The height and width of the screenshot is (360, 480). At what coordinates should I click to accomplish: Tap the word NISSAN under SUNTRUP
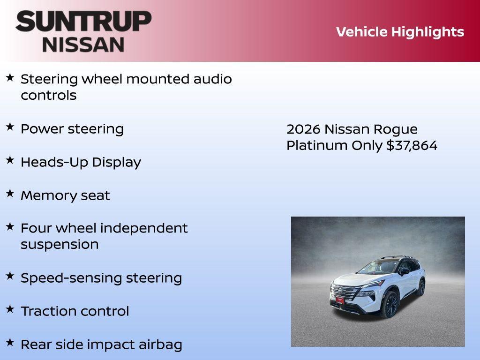tap(83, 44)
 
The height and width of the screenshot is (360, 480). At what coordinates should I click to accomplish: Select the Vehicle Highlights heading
tap(400, 32)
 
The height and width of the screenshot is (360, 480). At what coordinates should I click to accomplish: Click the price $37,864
tap(412, 145)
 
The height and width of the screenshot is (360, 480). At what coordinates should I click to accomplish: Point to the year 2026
tap(303, 129)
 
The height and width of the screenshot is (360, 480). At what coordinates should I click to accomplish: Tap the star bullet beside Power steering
tap(10, 127)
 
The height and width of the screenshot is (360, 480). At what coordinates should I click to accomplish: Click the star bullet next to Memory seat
tap(10, 193)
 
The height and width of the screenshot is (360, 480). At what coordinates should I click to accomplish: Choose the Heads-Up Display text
tap(81, 162)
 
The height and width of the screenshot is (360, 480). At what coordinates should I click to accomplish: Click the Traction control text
tap(75, 311)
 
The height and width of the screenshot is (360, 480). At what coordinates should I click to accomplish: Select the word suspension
tap(60, 244)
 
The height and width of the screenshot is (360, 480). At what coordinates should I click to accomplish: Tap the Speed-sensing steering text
tap(101, 278)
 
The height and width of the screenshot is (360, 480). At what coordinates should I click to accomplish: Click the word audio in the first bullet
tap(213, 79)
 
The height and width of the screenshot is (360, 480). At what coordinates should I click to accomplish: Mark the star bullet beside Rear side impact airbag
tap(10, 342)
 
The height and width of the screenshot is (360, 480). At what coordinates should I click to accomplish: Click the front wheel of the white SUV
tap(389, 305)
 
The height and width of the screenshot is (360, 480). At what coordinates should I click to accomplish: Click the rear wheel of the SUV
tap(421, 287)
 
